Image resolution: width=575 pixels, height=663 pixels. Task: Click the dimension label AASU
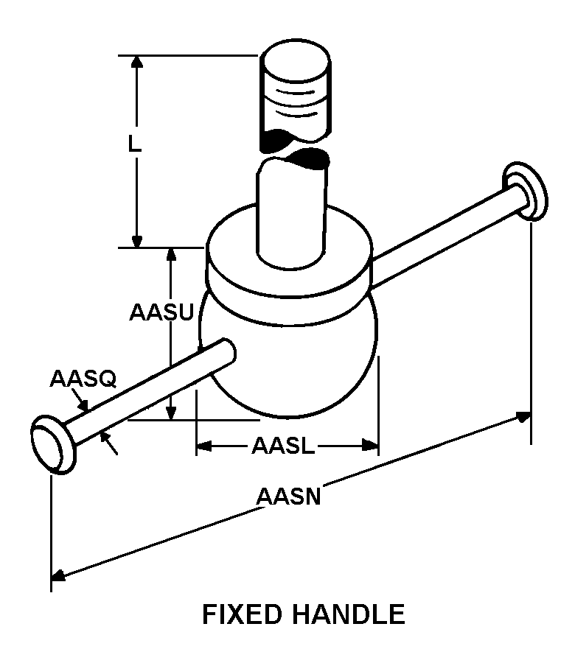[161, 312]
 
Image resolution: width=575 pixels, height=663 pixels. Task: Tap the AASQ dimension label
[83, 379]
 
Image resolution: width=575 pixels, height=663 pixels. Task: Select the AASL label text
[284, 446]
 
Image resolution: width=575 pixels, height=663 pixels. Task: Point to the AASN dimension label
[289, 497]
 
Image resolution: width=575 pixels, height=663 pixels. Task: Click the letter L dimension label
[135, 144]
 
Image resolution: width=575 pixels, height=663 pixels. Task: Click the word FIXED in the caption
[242, 614]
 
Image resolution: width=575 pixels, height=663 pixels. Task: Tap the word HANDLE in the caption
[348, 614]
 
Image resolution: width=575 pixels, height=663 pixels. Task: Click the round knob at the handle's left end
[54, 445]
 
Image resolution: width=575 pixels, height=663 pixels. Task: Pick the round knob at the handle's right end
[525, 191]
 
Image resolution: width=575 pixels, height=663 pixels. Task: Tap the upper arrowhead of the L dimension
[136, 61]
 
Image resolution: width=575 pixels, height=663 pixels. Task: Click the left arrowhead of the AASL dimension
[204, 446]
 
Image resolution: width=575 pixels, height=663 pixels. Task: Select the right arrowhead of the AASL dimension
[370, 445]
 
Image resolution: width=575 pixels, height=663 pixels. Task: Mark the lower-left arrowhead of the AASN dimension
[58, 575]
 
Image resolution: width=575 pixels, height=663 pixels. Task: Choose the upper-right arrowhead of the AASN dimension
[524, 417]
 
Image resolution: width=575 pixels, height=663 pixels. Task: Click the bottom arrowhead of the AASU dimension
[170, 413]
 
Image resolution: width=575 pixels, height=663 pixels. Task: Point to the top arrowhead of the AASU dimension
[170, 255]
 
